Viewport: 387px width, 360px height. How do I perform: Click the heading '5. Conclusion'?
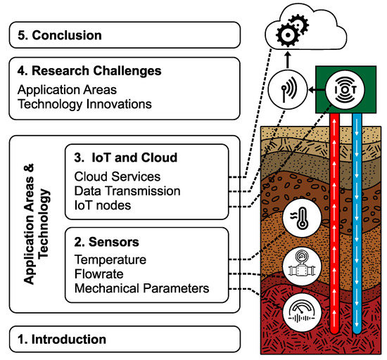(x=60, y=35)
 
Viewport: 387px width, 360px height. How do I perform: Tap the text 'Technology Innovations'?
(x=83, y=103)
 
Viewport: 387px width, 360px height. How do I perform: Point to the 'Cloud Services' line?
(x=117, y=176)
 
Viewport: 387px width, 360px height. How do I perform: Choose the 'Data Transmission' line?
(x=127, y=191)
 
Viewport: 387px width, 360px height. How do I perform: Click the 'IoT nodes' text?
(x=102, y=205)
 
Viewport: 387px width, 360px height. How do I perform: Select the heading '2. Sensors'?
(x=108, y=243)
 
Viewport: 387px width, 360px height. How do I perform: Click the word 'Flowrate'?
(x=99, y=274)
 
